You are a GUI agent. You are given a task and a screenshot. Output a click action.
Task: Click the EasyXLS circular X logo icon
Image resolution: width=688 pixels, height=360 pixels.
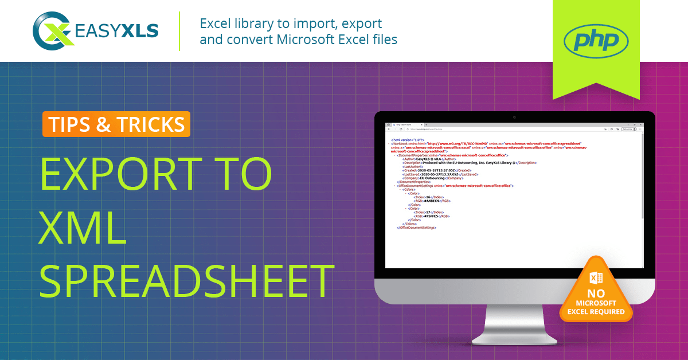[x=52, y=30]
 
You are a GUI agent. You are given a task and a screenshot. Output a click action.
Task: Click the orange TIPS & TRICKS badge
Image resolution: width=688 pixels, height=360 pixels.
[x=116, y=124]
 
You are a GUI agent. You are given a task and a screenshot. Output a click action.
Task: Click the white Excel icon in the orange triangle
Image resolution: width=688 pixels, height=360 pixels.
[x=596, y=278]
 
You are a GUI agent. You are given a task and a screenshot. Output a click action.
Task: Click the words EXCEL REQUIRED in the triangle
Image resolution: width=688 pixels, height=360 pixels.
[x=596, y=311]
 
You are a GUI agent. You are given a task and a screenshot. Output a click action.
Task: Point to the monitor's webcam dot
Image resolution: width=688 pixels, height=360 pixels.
[x=514, y=117]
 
